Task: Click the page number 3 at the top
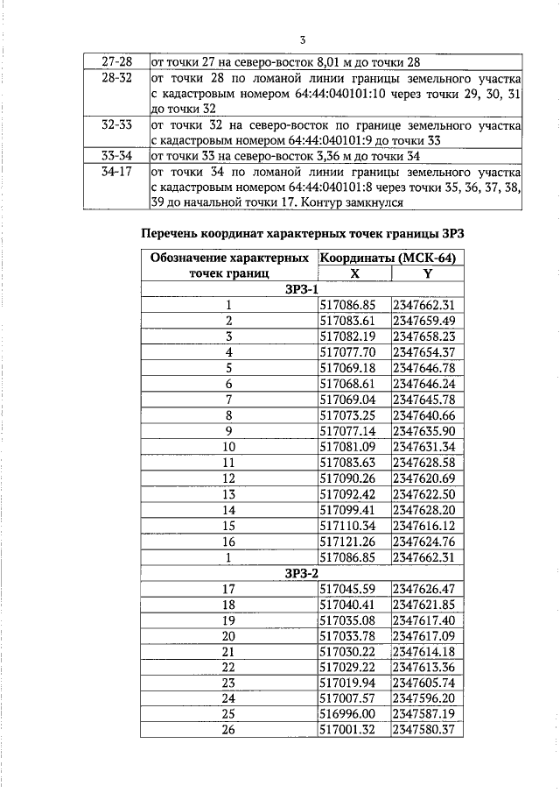(x=302, y=40)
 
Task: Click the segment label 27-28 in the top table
(x=115, y=62)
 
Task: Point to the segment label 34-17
(x=115, y=172)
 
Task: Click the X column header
(x=353, y=273)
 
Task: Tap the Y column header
(x=426, y=273)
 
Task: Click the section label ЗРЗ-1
(x=302, y=289)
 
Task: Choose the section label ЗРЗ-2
(x=302, y=573)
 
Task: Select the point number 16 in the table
(x=229, y=542)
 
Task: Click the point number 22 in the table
(x=229, y=668)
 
